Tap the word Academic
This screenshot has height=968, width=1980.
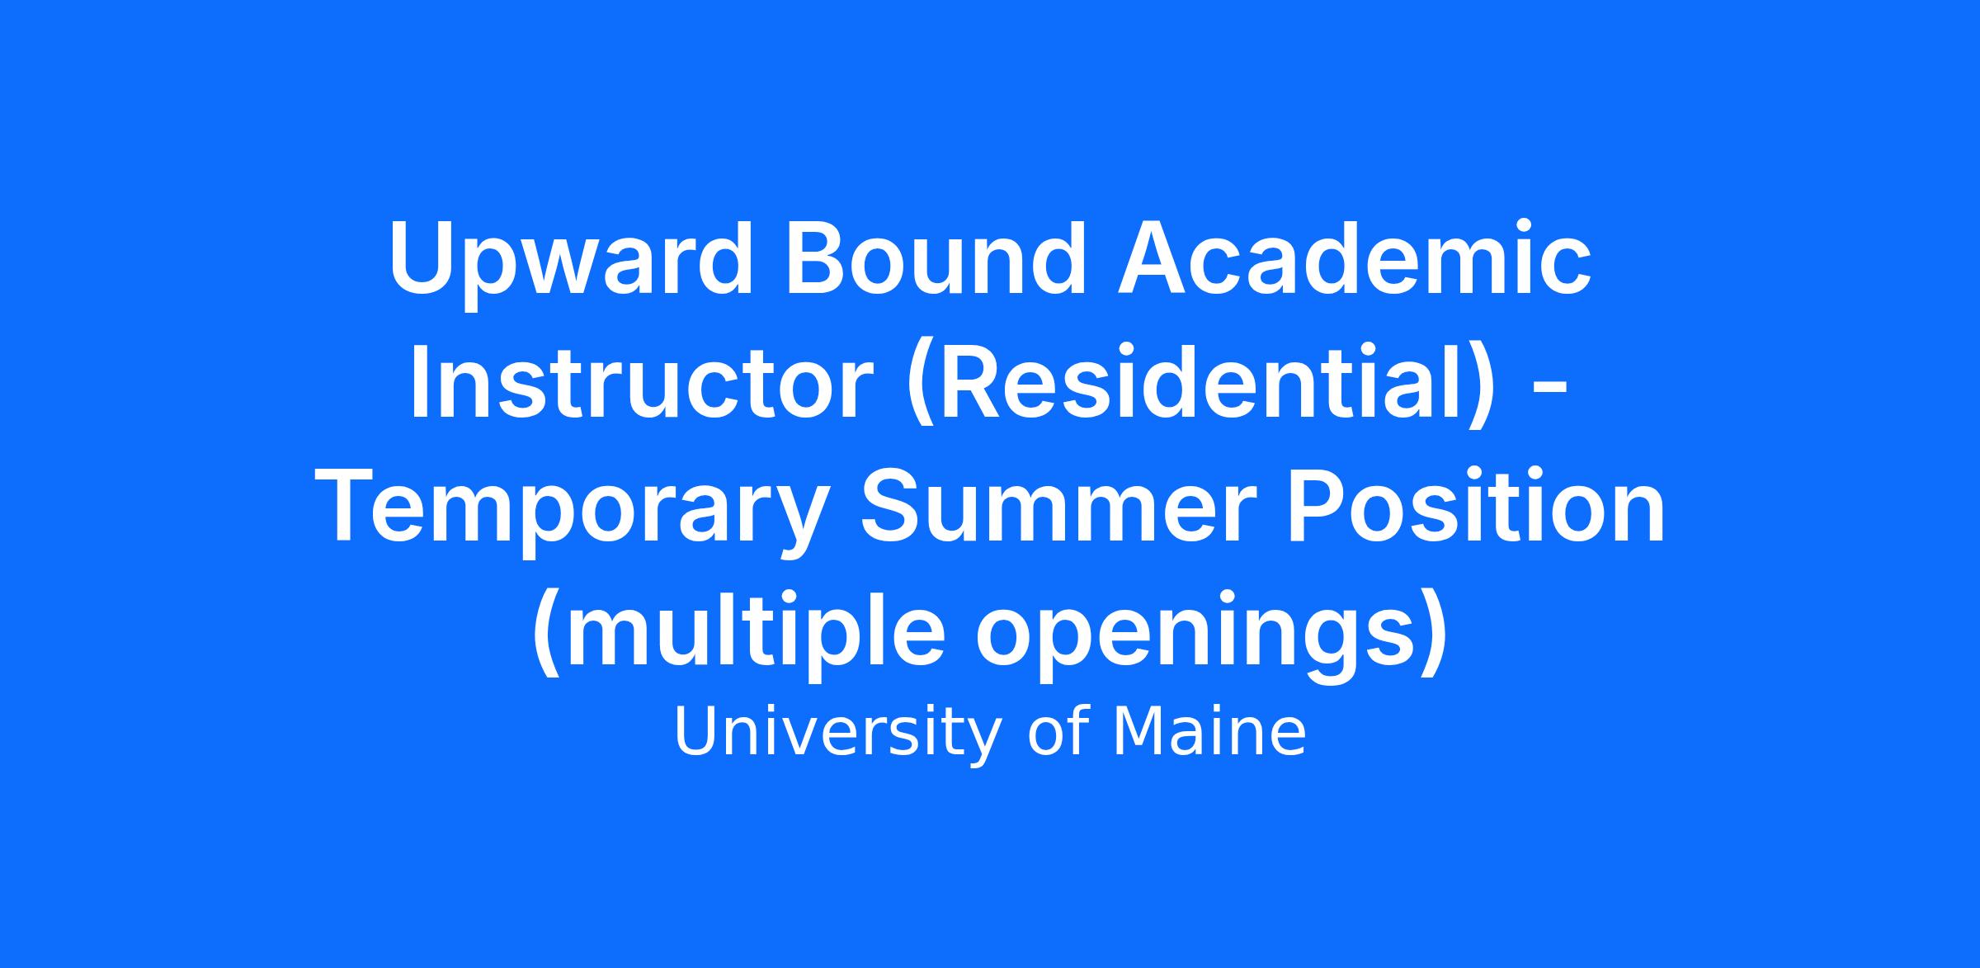coord(1353,256)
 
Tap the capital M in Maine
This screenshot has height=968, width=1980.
coord(1137,733)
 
